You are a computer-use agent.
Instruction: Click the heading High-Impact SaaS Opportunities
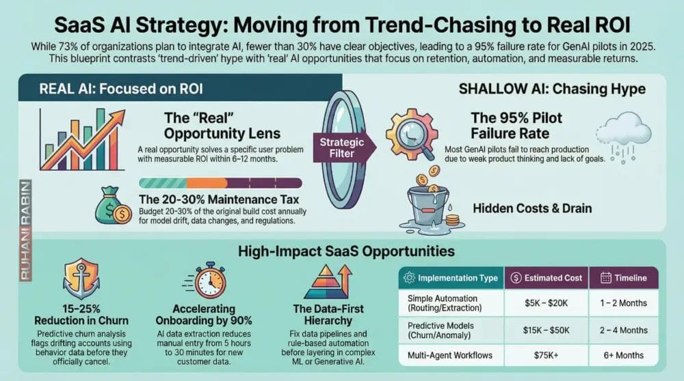[342, 252]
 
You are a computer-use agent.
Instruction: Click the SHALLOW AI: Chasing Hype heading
[551, 89]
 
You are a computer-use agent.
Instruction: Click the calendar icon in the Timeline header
[606, 278]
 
